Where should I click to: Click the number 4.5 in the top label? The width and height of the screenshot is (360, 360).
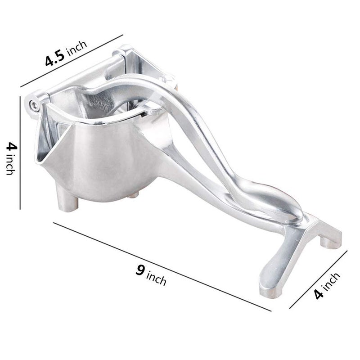pos(56,58)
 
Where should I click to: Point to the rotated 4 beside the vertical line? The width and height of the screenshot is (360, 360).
pos(9,146)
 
